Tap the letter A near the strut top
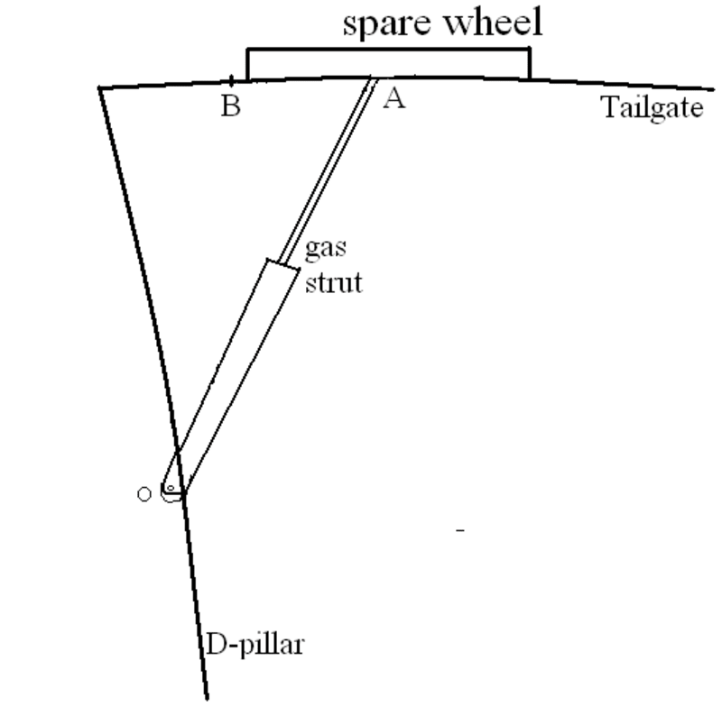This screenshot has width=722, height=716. click(x=393, y=98)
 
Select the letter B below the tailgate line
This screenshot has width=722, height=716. click(x=231, y=106)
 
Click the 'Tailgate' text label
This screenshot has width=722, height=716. click(x=652, y=108)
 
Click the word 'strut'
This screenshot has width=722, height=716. click(x=333, y=283)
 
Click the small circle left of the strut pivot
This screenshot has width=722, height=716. click(x=143, y=494)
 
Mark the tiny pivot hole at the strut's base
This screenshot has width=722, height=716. click(x=169, y=488)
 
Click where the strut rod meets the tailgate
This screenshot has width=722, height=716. click(x=373, y=79)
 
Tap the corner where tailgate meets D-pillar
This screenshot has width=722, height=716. click(x=100, y=87)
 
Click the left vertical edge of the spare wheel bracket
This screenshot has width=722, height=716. click(x=248, y=63)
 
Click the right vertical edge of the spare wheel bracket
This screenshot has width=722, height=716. click(x=530, y=63)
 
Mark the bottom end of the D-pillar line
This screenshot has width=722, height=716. click(x=207, y=697)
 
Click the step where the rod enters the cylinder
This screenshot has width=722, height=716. click(x=282, y=263)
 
